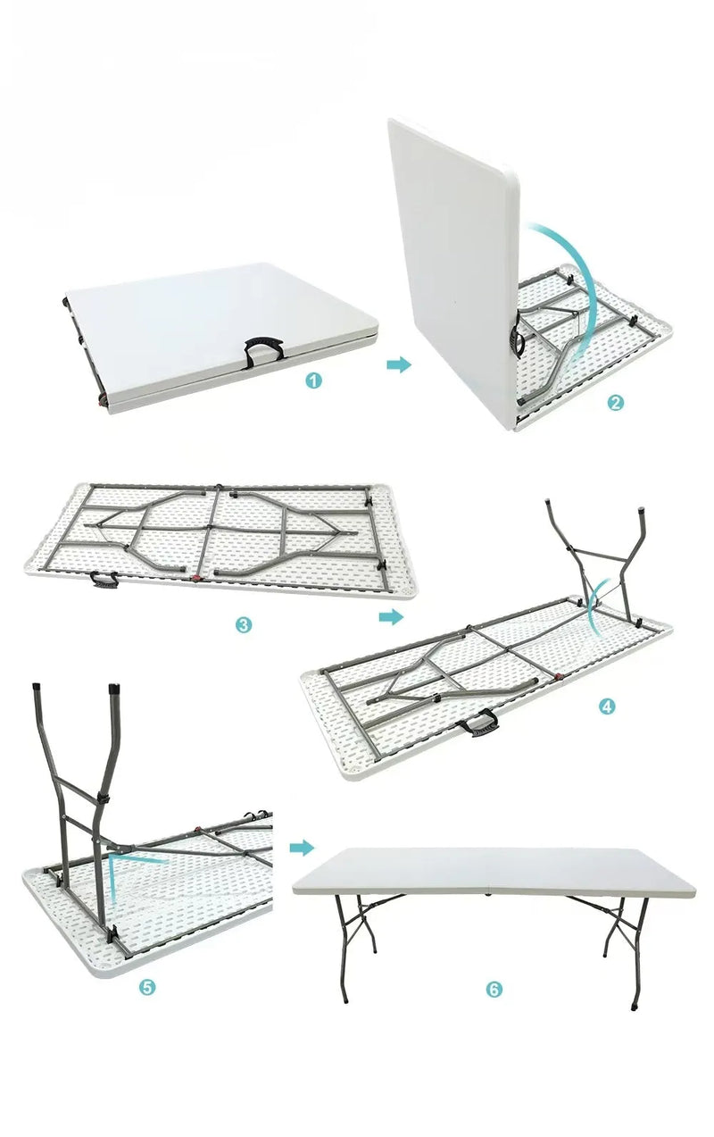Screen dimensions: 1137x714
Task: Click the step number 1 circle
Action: click(313, 380)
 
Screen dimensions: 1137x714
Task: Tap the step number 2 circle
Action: click(615, 402)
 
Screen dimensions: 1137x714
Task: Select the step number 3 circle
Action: click(244, 625)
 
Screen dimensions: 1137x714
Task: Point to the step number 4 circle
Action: click(607, 706)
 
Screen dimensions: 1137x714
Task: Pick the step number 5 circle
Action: click(148, 987)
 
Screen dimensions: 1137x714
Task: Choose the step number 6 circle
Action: click(494, 990)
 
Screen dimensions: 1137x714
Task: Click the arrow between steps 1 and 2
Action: click(399, 364)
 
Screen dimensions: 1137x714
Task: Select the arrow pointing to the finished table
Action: click(303, 847)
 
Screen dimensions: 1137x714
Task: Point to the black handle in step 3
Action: click(104, 581)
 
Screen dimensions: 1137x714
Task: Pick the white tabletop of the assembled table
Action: click(491, 871)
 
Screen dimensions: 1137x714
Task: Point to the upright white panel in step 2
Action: click(451, 259)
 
